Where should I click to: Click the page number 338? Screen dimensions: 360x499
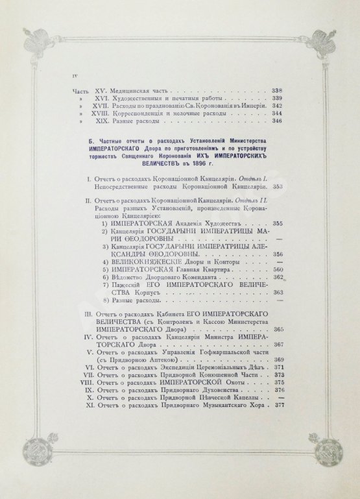(x=280, y=90)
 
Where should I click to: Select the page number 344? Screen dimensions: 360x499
(x=280, y=112)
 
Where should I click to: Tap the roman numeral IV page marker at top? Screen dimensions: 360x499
(x=74, y=77)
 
